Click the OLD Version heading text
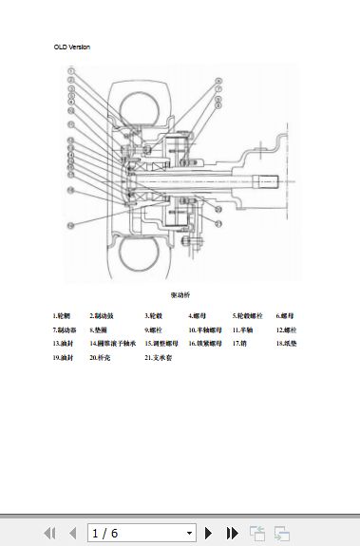pyautogui.click(x=72, y=47)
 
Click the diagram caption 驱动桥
pyautogui.click(x=180, y=295)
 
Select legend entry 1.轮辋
pyautogui.click(x=62, y=314)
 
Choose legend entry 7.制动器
pyautogui.click(x=64, y=329)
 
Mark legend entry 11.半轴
pyautogui.click(x=242, y=329)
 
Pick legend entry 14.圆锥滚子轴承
pyautogui.click(x=113, y=344)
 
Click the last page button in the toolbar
pyautogui.click(x=232, y=533)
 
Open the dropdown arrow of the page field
pyautogui.click(x=189, y=533)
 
